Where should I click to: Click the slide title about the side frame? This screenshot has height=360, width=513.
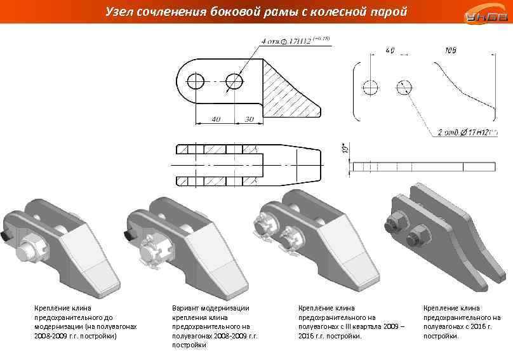(256, 11)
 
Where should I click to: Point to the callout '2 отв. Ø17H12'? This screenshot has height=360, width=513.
(467, 133)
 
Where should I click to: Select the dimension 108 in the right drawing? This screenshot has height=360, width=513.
(451, 50)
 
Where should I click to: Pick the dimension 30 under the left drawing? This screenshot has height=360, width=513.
(248, 119)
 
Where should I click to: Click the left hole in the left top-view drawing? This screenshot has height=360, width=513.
(196, 81)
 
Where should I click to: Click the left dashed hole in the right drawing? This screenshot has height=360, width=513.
(370, 87)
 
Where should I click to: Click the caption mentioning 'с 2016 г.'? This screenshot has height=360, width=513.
(462, 322)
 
